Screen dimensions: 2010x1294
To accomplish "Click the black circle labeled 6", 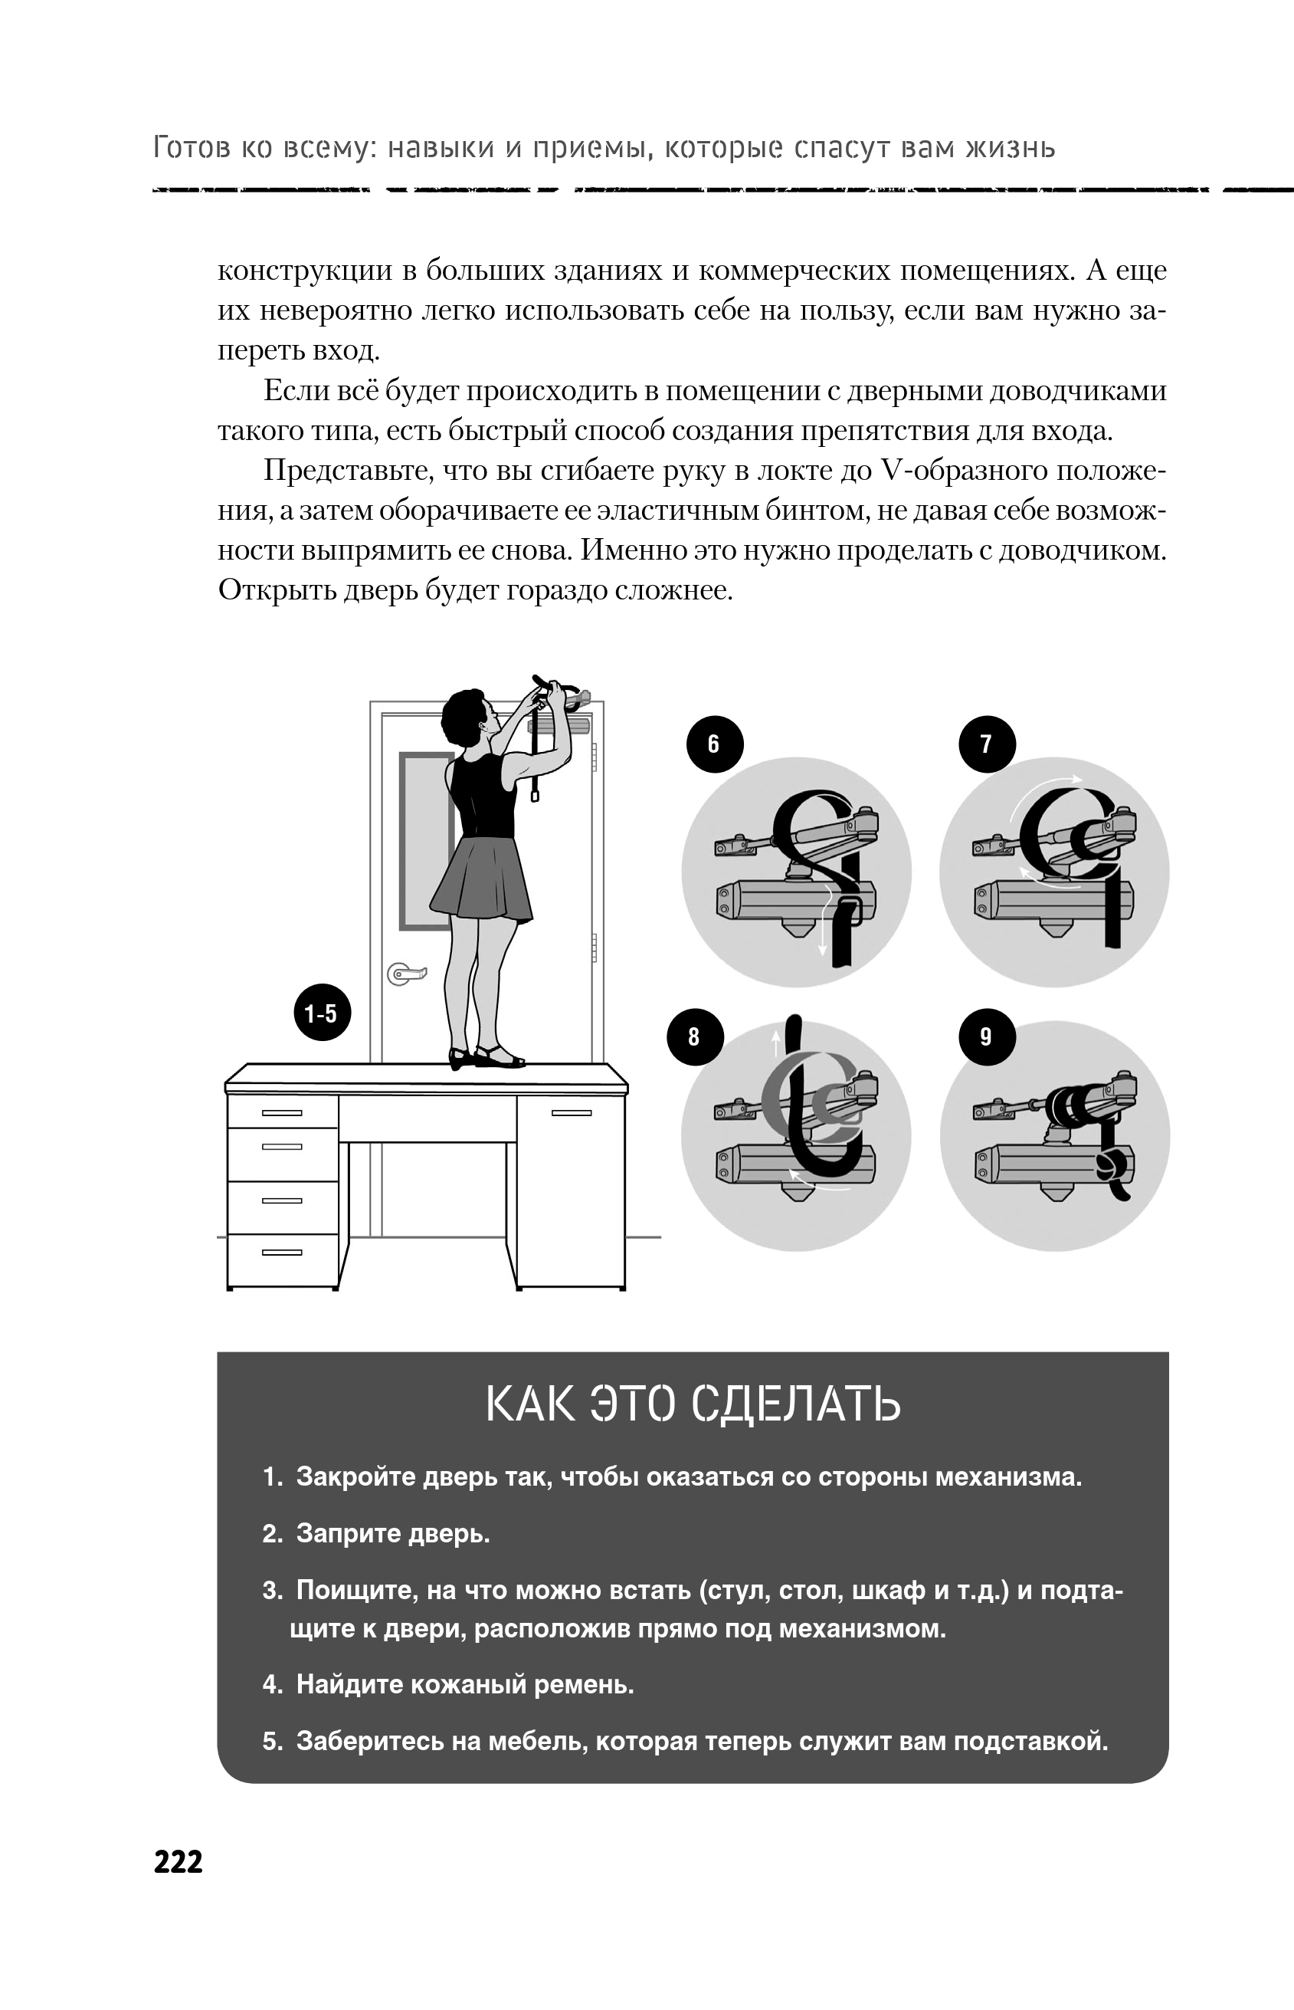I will coord(714,744).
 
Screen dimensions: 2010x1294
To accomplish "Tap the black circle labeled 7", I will coord(987,744).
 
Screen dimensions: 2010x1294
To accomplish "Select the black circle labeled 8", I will coord(694,1036).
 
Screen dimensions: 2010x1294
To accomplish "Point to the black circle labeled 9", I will coord(987,1036).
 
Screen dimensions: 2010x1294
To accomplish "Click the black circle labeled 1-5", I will coord(322,1013).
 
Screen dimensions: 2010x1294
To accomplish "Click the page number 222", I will coord(179,1861).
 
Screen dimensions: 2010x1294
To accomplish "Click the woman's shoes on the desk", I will coord(487,1056).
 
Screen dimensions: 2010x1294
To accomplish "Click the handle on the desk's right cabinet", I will coord(572,1113).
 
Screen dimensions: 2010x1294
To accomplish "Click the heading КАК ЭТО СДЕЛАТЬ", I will coord(693,1404).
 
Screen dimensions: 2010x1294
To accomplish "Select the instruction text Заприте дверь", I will coord(392,1533).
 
